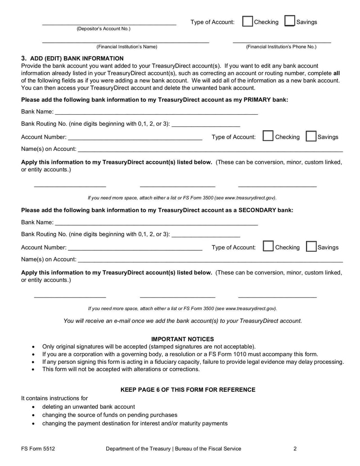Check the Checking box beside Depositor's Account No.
[247, 22]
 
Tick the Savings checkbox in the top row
[290, 22]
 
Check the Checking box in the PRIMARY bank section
[268, 136]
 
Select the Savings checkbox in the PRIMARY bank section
[310, 136]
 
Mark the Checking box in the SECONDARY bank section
[268, 247]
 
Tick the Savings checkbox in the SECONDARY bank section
[310, 247]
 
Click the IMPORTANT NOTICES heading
[183, 339]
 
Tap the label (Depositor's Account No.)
[103, 29]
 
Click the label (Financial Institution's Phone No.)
[281, 46]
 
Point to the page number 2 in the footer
[295, 448]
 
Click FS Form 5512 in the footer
[38, 448]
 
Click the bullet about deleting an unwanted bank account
[88, 407]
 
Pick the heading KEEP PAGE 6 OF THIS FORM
[188, 389]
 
